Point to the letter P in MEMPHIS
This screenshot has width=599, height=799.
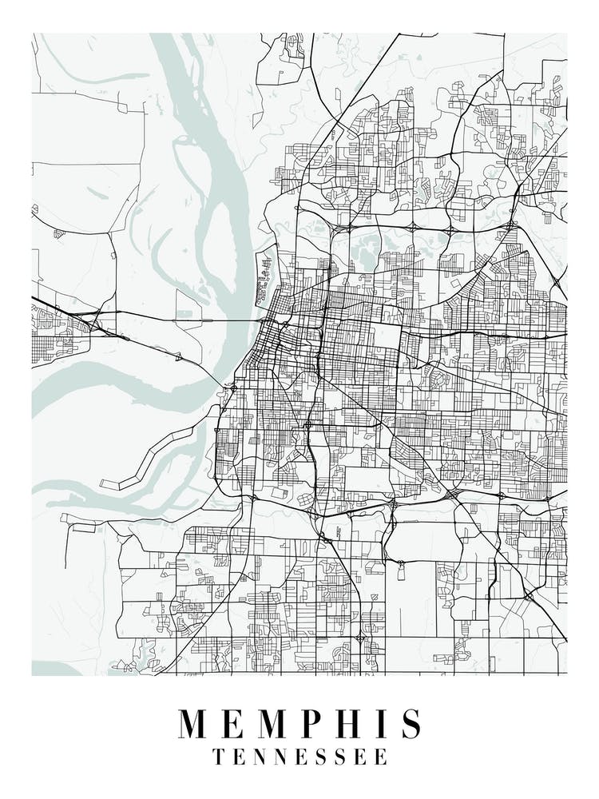tap(320, 724)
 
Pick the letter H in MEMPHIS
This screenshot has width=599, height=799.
tap(356, 724)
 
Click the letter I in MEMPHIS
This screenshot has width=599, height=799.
tap(386, 724)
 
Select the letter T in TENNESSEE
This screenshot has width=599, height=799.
tap(218, 757)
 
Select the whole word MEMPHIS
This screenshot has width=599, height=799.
tap(299, 724)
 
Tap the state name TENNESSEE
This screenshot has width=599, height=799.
tap(299, 757)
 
